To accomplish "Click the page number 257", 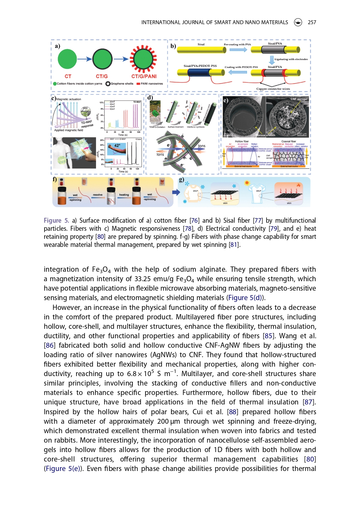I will (312, 22).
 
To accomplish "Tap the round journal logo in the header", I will (298, 22).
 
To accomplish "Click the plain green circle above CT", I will (67, 59).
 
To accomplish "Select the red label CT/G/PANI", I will (144, 76).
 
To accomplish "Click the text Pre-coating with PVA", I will (237, 44).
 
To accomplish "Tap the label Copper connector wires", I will (273, 89).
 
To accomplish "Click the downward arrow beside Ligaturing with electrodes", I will (271, 60).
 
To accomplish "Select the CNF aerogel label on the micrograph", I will (299, 99).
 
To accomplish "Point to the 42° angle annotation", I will (117, 146).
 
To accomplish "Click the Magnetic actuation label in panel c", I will (69, 99).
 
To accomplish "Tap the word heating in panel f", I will (124, 195).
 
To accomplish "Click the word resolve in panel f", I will (98, 195).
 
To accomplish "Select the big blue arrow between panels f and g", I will (176, 192).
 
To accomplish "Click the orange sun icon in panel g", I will (247, 183).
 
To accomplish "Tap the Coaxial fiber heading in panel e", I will (289, 141).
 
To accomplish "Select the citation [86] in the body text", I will (49, 346).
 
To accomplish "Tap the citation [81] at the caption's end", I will (234, 245).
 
